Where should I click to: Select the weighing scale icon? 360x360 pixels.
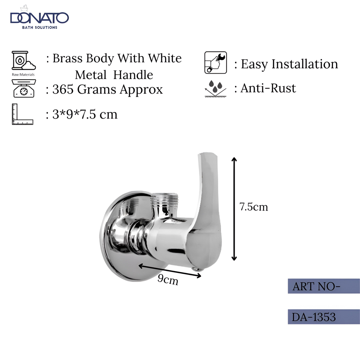pos(23,88)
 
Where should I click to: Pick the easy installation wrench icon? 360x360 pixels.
pos(215,62)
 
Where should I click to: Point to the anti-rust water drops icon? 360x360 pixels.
pos(215,88)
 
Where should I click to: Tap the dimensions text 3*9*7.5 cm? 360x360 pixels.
pos(85,114)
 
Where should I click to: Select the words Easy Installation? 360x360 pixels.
pos(289,64)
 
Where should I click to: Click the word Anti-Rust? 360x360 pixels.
pos(268,88)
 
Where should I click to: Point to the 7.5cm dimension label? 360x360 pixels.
pos(254,207)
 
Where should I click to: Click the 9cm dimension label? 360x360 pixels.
pos(168,280)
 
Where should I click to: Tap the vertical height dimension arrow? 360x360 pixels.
pos(234,209)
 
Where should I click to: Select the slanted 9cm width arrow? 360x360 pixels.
pos(170,270)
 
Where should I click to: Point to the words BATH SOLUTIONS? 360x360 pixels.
pos(39,27)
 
